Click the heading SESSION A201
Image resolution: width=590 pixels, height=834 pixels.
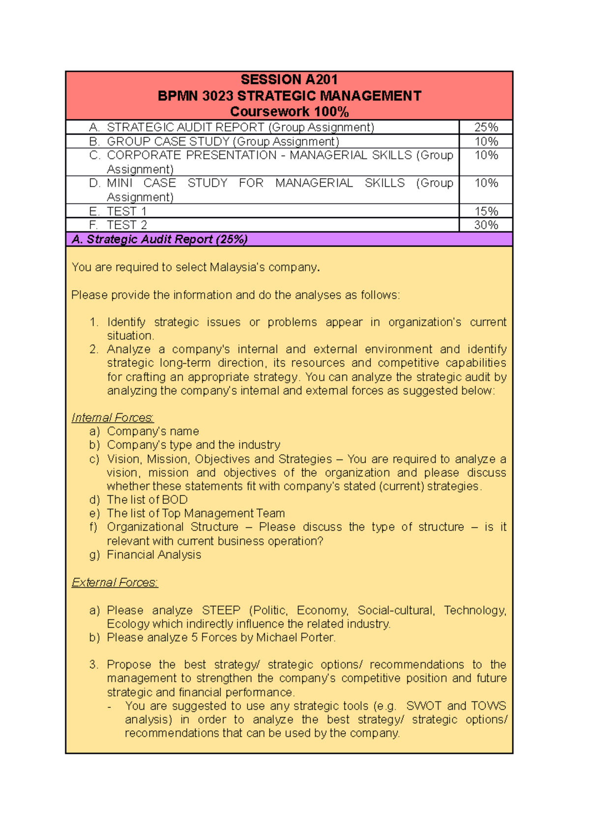point(289,80)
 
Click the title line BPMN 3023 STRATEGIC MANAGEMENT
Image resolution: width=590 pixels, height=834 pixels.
point(289,96)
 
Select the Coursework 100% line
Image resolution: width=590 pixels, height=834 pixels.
point(289,112)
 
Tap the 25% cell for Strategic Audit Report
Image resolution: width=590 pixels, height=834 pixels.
point(486,127)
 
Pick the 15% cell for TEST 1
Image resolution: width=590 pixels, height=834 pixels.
point(486,211)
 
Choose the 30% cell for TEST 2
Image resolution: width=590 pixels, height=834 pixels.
point(486,225)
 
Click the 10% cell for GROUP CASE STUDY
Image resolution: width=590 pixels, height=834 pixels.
point(486,141)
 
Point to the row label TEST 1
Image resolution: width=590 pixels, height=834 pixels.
point(126,211)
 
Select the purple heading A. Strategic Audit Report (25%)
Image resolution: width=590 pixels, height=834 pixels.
point(159,239)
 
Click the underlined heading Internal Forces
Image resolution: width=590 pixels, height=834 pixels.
point(112,417)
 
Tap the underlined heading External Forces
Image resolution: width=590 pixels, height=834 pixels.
point(115,582)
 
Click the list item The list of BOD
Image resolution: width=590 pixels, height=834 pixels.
point(147,500)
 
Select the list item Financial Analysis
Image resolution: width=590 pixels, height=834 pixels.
point(154,555)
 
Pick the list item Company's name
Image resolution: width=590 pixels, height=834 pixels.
point(153,431)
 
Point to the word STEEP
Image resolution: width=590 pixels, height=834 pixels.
point(221,610)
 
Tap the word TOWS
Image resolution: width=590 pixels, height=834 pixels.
point(488,706)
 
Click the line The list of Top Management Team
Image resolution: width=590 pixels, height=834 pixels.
point(196,513)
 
